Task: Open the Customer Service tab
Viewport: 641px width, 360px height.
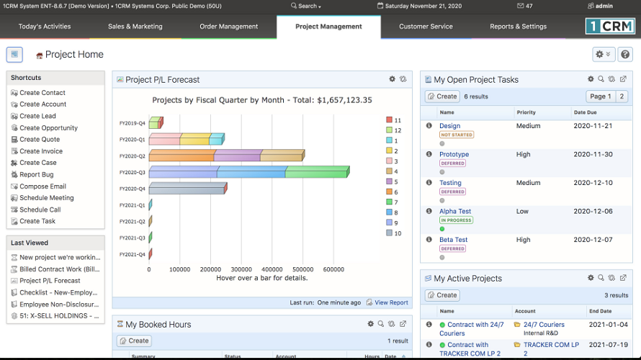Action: (x=426, y=27)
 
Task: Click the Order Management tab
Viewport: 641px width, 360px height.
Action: (x=228, y=27)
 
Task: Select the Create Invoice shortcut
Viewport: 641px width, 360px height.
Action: (x=41, y=151)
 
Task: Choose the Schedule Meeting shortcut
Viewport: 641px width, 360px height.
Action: (x=46, y=198)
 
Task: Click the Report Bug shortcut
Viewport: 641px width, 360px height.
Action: (x=36, y=174)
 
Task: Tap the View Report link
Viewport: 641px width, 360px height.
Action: (x=391, y=303)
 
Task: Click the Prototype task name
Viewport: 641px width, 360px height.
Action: (x=454, y=155)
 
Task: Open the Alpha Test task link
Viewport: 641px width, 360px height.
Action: (x=455, y=212)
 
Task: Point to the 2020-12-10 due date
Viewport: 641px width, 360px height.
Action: (x=593, y=183)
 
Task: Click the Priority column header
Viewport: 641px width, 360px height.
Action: (x=526, y=112)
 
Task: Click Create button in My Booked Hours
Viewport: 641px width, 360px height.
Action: (x=134, y=341)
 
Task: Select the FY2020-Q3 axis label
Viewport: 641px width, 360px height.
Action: (x=133, y=173)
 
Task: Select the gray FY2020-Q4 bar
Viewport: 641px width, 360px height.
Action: (x=187, y=189)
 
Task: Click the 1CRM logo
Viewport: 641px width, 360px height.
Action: (x=610, y=27)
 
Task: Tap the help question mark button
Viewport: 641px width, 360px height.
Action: (x=625, y=55)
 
